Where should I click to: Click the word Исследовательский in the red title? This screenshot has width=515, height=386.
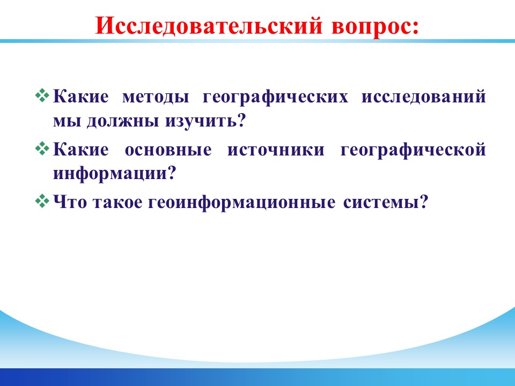click(209, 25)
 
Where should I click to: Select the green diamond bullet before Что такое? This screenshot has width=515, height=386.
click(42, 201)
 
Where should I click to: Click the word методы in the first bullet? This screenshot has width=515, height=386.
click(156, 98)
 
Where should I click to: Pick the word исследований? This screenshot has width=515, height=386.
click(424, 98)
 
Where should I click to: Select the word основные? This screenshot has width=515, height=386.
click(168, 150)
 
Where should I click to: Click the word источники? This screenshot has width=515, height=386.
click(276, 150)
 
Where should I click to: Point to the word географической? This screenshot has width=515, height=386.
click(413, 150)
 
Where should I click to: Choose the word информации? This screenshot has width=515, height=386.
click(111, 174)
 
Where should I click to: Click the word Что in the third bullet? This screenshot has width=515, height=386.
click(70, 202)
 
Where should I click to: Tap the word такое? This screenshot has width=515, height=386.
click(117, 202)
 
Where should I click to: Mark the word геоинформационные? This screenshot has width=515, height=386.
click(242, 203)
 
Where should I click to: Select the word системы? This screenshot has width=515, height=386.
click(381, 203)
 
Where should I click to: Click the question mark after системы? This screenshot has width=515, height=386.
click(424, 202)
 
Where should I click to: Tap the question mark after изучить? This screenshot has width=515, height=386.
click(241, 120)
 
